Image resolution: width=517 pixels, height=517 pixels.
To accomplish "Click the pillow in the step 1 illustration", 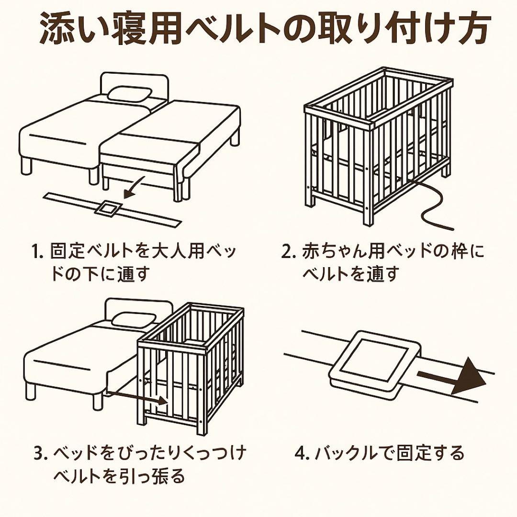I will pos(129,93).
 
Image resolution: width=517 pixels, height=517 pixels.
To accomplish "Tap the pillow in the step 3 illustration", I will pos(134,319).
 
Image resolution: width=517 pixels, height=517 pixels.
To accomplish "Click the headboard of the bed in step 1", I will pos(134,81).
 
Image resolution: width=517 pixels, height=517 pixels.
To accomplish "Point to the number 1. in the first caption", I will pos(38,251).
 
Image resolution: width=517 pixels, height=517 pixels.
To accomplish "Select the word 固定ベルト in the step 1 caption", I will pos(90,251).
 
